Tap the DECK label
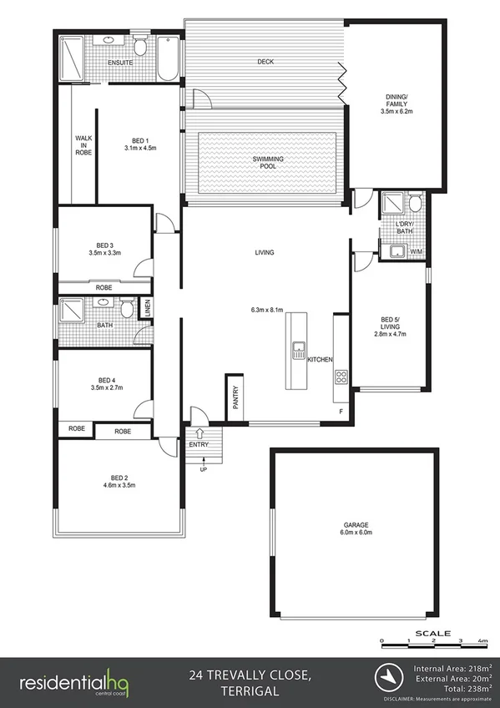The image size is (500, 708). coord(265,62)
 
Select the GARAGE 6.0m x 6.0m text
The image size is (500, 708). coord(356,528)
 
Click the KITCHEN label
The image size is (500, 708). coord(320,360)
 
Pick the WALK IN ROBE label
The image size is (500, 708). coord(83,145)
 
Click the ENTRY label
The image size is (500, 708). coord(199,444)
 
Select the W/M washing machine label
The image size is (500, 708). coord(415,250)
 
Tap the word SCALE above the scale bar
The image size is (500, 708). coord(438,633)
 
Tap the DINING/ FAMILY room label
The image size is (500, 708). coord(397,104)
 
